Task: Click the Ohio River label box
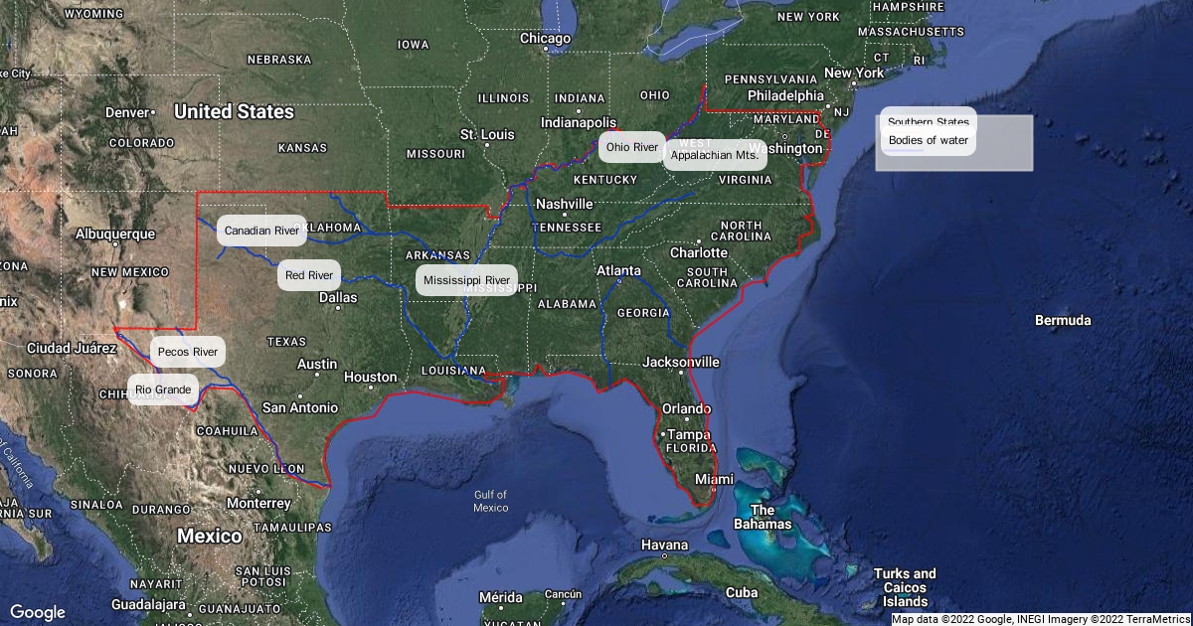632,147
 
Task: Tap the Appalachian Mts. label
715,155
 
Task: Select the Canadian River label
261,231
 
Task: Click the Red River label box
308,275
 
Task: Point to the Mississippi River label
466,280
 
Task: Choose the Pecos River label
188,352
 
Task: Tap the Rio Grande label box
163,390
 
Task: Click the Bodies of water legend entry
928,140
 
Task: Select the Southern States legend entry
928,122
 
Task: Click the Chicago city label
546,39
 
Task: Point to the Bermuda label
1063,320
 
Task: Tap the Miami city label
714,479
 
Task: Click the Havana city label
664,545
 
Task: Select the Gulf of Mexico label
491,501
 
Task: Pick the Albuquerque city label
115,234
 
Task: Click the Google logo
38,612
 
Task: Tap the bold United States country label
234,111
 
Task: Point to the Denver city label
126,112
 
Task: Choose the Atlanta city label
619,270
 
